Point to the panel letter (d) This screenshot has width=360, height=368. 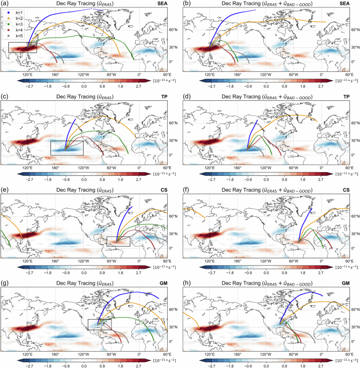186,96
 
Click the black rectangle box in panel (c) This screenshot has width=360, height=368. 66,148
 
